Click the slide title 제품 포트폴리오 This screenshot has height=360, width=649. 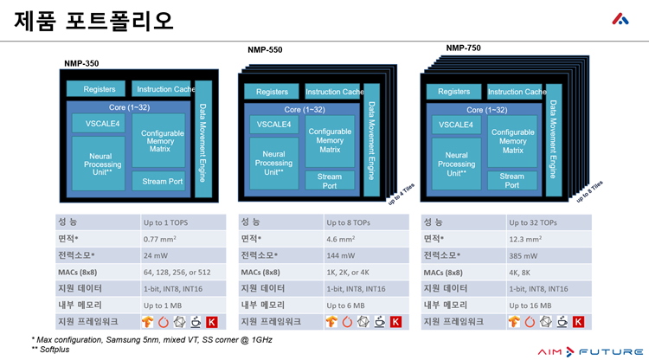93,21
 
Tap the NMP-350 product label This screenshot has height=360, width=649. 81,63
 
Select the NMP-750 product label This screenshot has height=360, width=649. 464,48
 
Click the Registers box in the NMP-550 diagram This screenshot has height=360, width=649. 272,92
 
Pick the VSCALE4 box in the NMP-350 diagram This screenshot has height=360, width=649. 99,123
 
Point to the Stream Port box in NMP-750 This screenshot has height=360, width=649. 512,180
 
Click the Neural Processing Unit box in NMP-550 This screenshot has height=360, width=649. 273,164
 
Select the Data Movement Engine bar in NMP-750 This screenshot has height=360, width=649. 554,140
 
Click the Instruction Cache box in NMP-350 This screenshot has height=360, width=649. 162,89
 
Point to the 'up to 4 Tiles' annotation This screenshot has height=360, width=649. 401,194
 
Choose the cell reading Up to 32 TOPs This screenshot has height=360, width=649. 549,222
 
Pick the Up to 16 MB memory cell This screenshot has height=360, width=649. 549,305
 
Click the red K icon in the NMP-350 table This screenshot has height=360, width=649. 212,322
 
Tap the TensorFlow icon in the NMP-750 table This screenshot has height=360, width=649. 514,322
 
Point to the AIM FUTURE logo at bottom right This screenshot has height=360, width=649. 590,351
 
